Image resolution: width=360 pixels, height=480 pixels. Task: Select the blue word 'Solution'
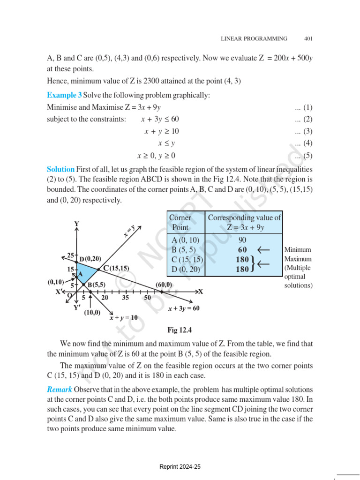[60, 169]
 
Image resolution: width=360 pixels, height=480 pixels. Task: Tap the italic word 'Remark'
[60, 390]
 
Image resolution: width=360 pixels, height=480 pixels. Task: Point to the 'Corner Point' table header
[180, 222]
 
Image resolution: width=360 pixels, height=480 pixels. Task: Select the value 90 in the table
[243, 240]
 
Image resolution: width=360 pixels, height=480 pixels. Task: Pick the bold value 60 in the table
[243, 250]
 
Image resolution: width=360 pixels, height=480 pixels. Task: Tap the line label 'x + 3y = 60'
[184, 308]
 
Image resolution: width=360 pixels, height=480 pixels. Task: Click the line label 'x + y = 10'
[124, 317]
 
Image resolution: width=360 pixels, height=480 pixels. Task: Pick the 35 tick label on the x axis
[125, 297]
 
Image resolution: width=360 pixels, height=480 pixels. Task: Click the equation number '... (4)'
[303, 143]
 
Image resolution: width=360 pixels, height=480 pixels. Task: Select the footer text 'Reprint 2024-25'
[180, 467]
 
